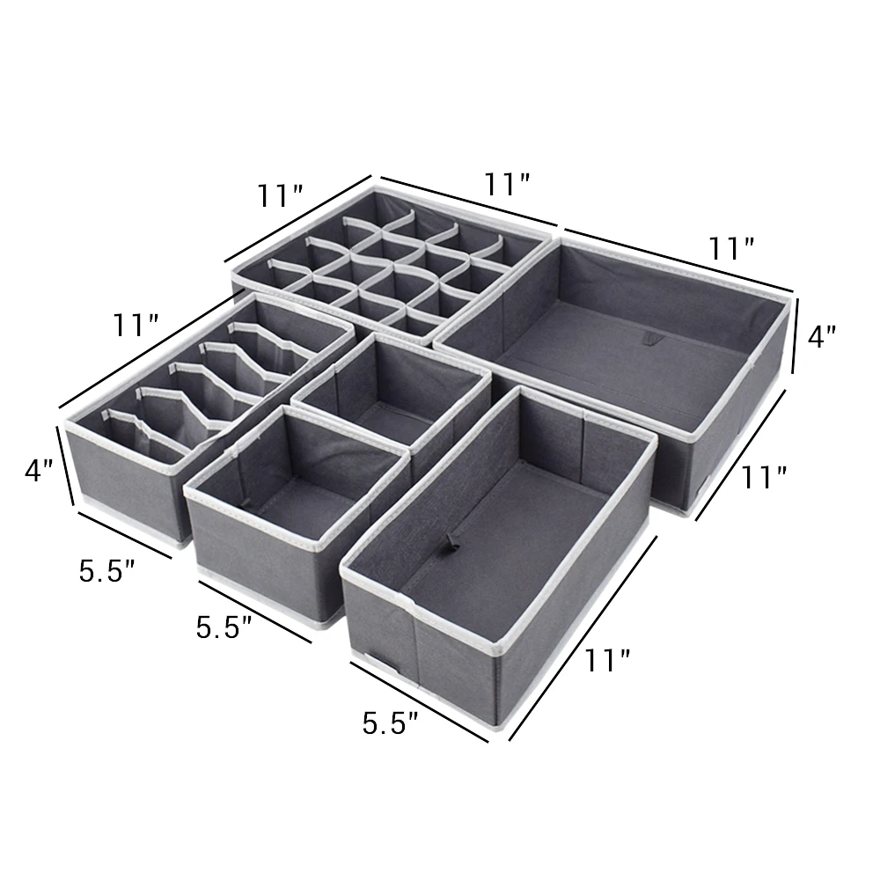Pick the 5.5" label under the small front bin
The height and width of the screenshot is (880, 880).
coord(224,627)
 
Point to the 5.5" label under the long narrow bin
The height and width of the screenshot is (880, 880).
coord(390,723)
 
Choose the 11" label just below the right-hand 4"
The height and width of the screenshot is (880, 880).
coord(762,476)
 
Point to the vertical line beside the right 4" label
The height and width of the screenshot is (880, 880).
coord(797,335)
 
